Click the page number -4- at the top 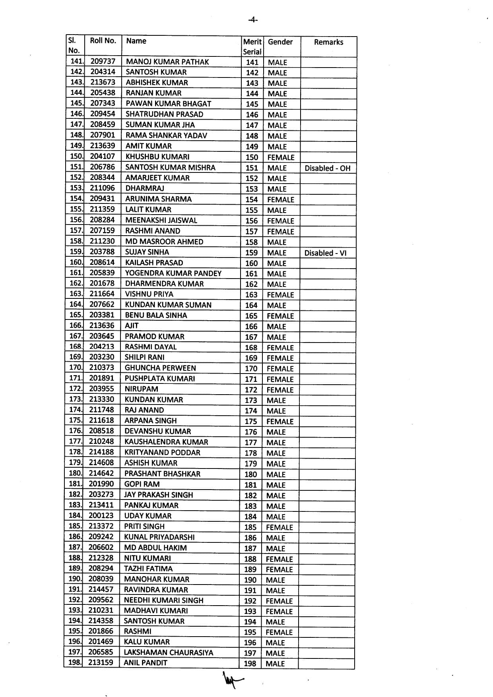point(252,19)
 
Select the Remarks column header point(328,42)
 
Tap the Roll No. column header point(103,41)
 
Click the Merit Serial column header point(252,46)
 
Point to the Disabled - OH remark point(327,168)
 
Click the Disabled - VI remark point(325,253)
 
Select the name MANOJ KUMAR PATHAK point(167,62)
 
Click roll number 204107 point(102,157)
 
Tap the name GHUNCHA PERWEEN point(160,368)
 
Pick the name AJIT point(132,326)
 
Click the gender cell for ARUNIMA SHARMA point(281,199)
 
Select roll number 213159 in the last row point(101,662)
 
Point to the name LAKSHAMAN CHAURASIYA point(169,652)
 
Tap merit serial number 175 point(251,422)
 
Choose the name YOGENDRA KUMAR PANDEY point(173,273)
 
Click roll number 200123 point(101,515)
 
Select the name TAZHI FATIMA point(148,569)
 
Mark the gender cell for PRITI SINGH point(279,527)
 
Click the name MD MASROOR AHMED point(164,242)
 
